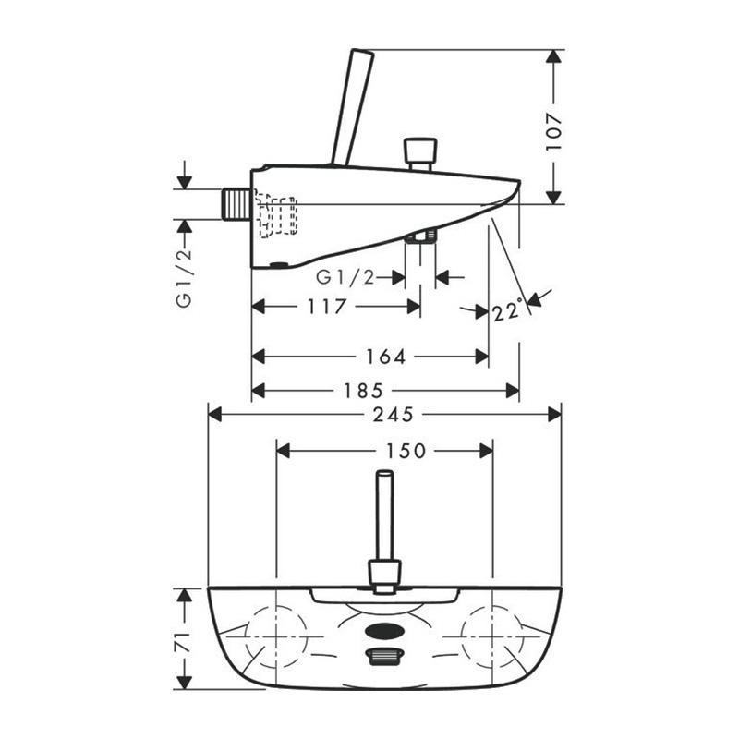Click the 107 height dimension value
(x=554, y=131)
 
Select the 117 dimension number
(x=327, y=307)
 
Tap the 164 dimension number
(x=386, y=357)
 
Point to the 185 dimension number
(x=363, y=390)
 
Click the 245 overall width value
(x=394, y=415)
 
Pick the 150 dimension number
(x=406, y=451)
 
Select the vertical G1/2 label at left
(x=184, y=278)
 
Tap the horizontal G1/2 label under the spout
(x=345, y=278)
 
